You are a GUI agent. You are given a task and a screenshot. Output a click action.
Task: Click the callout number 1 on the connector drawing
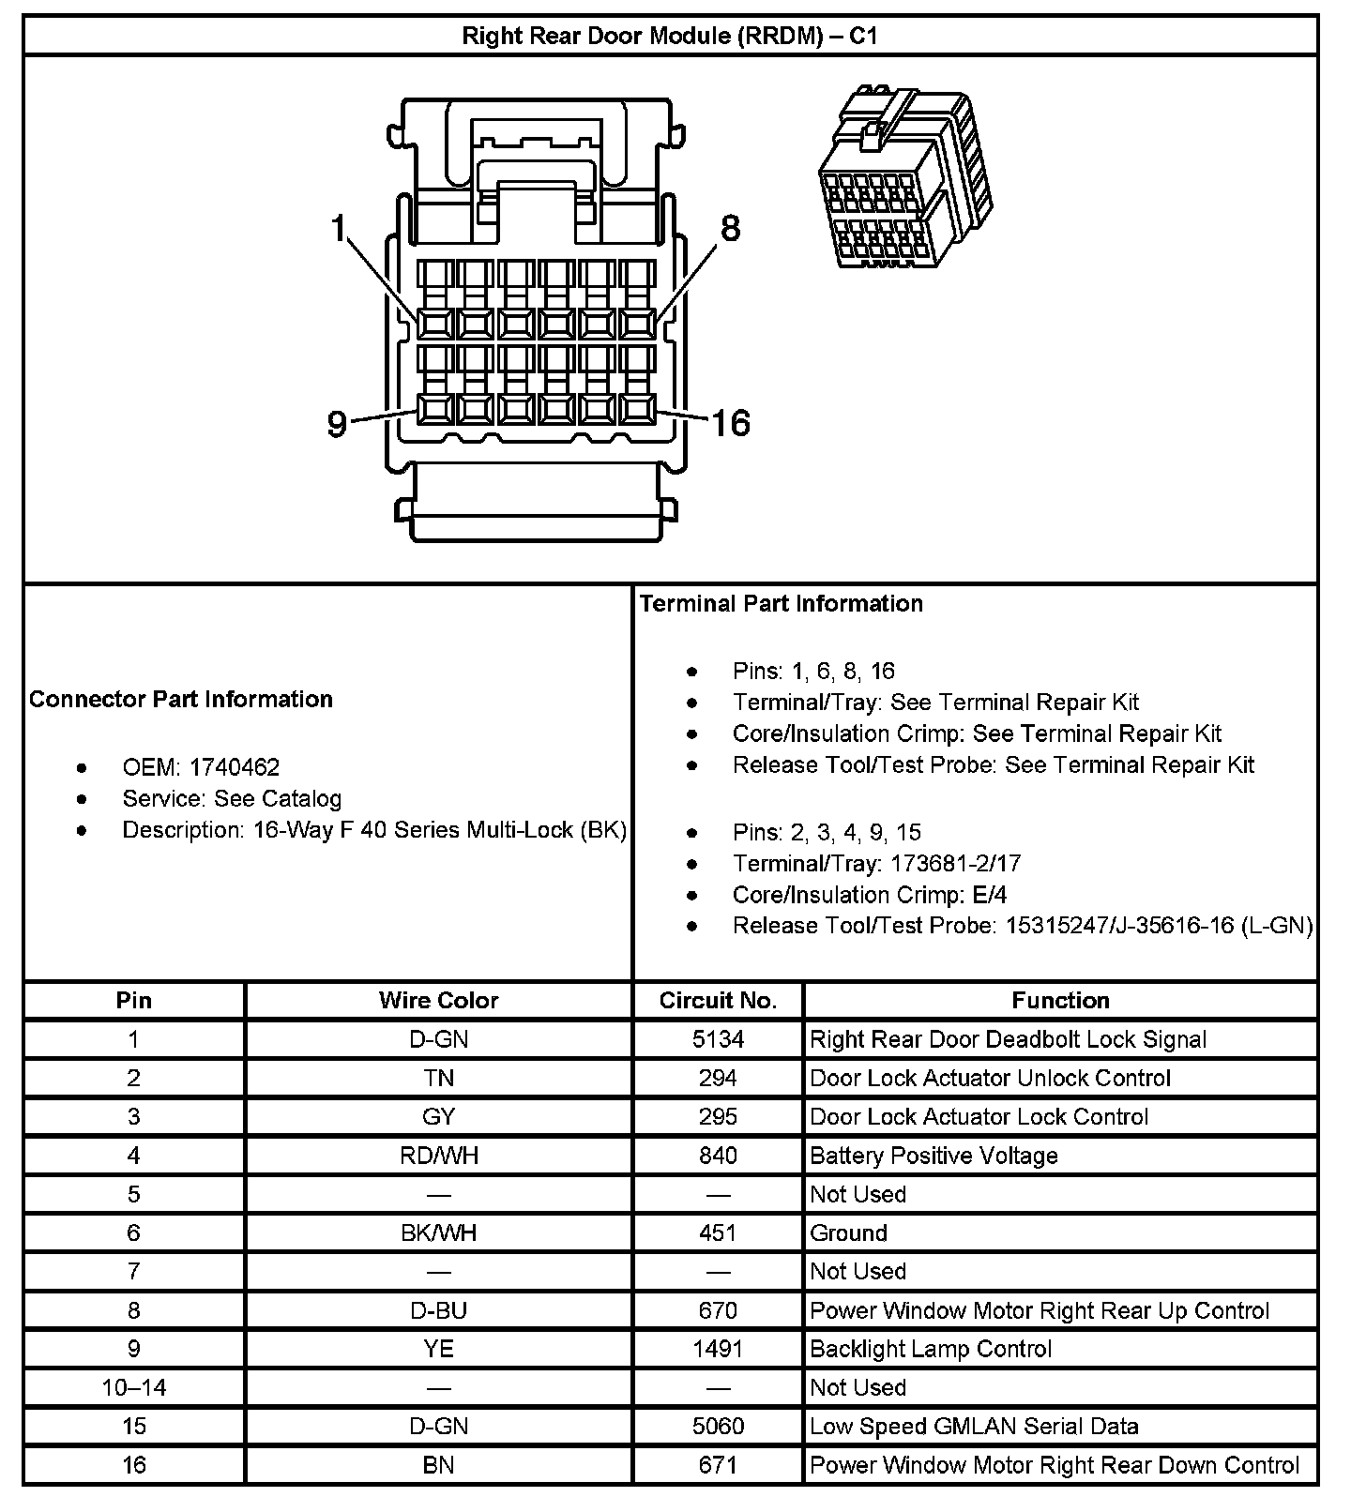pos(339,228)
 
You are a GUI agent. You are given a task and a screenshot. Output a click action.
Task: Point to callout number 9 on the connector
pos(337,424)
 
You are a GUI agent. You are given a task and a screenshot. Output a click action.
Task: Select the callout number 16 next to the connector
pos(730,423)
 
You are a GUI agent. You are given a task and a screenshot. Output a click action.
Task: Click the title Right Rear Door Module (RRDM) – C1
pos(670,37)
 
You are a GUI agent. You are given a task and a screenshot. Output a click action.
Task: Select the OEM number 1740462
pos(234,767)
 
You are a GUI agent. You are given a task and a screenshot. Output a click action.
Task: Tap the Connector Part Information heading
pos(181,699)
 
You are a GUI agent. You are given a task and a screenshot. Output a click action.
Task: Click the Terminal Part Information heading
pos(782,603)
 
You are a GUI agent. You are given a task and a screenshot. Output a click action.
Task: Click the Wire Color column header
pos(438,1000)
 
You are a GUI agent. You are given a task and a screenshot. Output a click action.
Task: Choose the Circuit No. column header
pos(718,1000)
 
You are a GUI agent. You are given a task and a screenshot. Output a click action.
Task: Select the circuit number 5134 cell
pos(718,1039)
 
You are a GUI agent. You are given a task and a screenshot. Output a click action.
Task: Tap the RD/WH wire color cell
pos(438,1156)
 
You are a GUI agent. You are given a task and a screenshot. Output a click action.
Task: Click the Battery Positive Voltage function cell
pos(934,1156)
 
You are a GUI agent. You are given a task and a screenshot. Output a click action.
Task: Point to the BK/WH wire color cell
pos(438,1232)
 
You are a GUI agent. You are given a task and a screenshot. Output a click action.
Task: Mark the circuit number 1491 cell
pos(718,1349)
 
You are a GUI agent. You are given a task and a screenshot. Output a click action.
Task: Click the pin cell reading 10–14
pos(134,1387)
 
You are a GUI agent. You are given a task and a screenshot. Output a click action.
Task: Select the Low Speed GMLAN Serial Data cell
pos(974,1427)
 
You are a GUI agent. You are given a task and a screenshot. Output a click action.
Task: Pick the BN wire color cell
pos(438,1465)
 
